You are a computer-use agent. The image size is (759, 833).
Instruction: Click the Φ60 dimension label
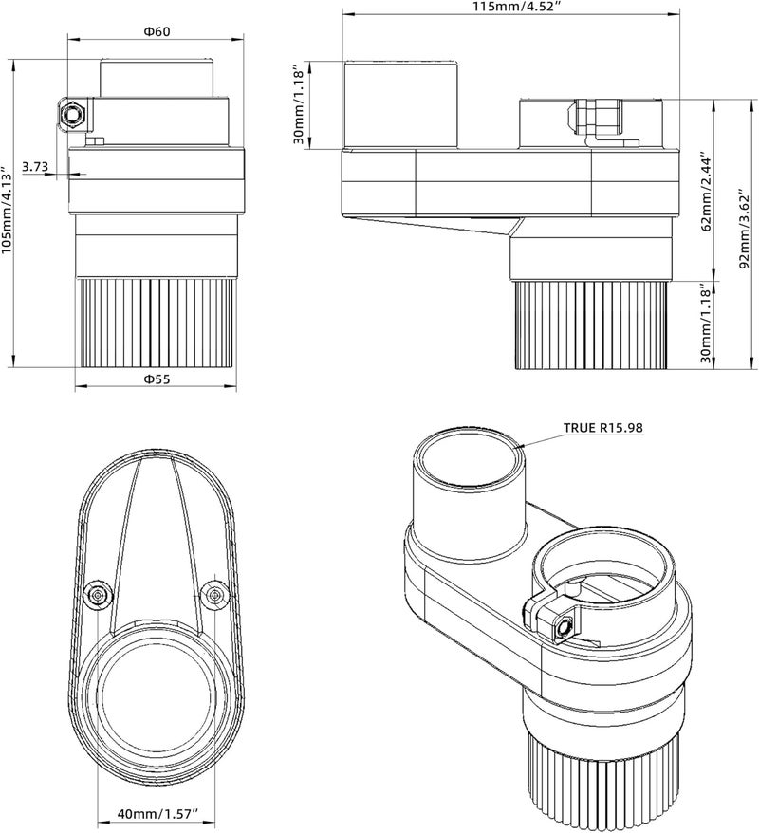click(157, 31)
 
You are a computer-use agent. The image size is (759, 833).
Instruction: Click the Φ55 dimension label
click(157, 379)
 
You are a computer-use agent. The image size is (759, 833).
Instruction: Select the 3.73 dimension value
click(35, 166)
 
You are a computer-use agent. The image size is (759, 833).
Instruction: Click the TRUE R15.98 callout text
click(603, 428)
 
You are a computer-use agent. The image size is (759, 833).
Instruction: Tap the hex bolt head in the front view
click(72, 114)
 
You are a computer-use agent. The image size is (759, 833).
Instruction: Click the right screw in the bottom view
click(216, 593)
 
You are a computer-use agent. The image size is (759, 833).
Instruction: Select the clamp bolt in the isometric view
click(562, 626)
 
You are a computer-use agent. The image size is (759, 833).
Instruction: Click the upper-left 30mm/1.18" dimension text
click(299, 105)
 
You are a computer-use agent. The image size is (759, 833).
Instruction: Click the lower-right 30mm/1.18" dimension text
click(704, 324)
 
